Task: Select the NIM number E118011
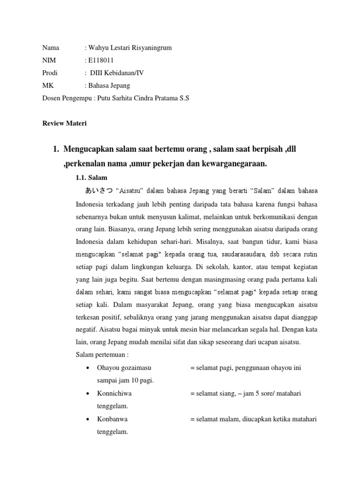100,60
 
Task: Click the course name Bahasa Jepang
109,86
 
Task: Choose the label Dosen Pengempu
66,98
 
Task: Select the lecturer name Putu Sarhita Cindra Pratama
137,98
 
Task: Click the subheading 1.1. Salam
91,178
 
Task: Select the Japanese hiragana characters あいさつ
98,191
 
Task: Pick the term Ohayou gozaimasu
124,368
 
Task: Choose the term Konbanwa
112,419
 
